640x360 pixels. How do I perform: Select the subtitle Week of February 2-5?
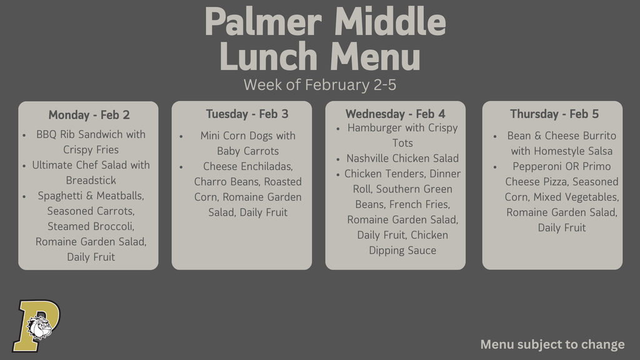click(319, 84)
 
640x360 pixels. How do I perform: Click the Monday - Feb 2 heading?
click(89, 115)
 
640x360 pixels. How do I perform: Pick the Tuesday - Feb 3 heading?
click(247, 114)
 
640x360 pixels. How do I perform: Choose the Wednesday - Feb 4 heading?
click(395, 114)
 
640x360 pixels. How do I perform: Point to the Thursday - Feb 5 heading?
click(554, 114)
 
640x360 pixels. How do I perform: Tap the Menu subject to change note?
click(552, 344)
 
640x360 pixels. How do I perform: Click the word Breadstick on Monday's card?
click(91, 181)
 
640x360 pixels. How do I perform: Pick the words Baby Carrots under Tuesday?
click(247, 151)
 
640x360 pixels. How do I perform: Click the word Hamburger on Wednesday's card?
click(374, 128)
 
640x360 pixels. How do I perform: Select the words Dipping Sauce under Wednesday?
click(402, 251)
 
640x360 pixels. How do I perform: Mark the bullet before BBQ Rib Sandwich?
click(24, 135)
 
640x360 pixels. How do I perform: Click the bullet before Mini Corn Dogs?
click(181, 136)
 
